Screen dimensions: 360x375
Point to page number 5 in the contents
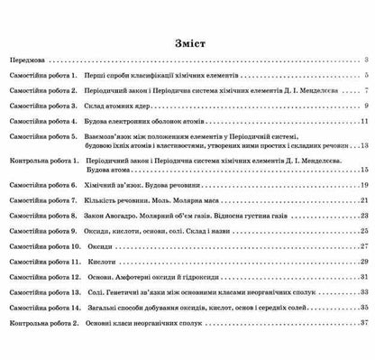pyautogui.click(x=368, y=78)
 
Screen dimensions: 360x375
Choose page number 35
pyautogui.click(x=365, y=307)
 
